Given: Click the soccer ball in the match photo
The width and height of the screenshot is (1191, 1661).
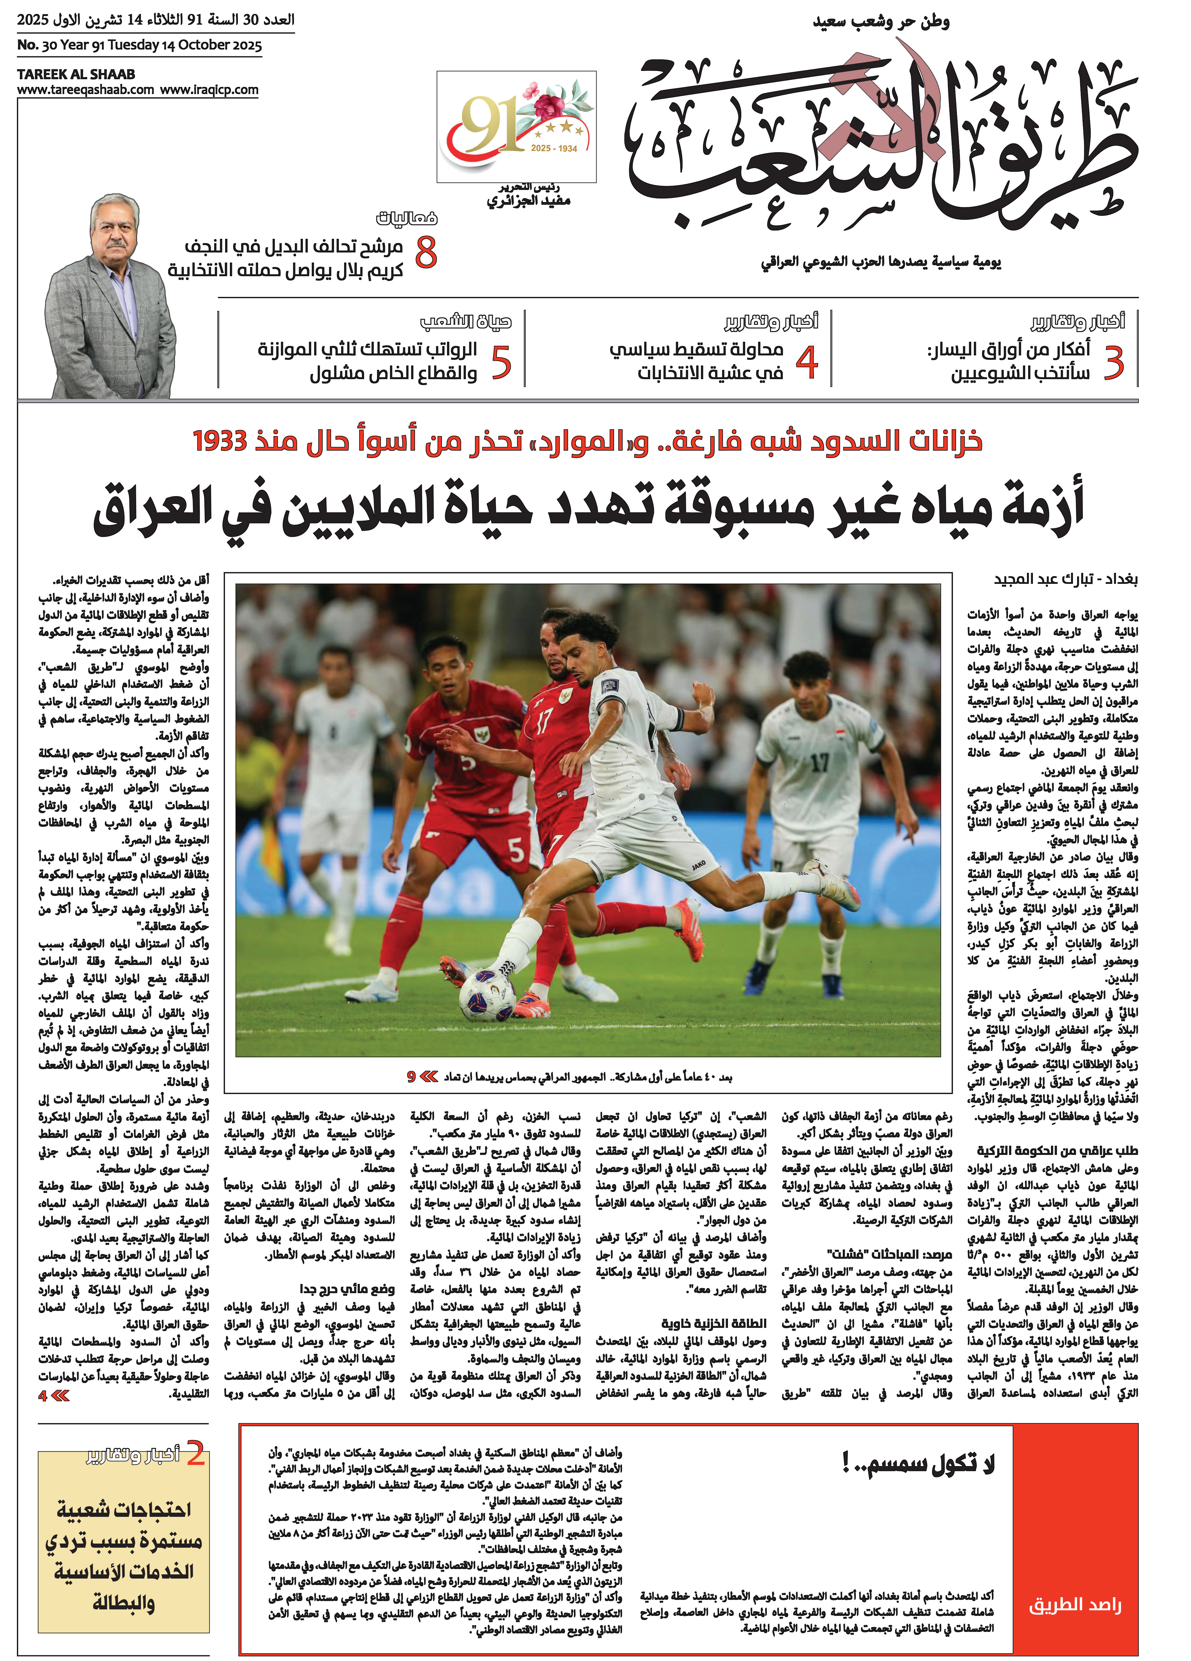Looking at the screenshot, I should tap(486, 994).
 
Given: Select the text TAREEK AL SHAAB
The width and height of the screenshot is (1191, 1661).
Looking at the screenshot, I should tap(76, 74).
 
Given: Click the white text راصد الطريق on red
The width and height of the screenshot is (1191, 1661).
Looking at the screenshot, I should tap(1074, 1605).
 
